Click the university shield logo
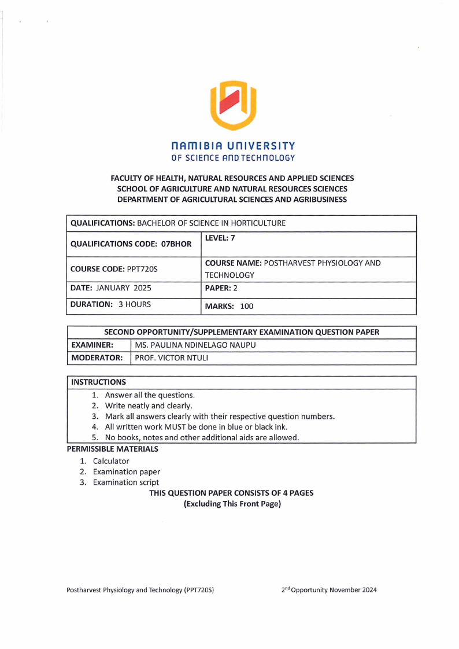point(233,105)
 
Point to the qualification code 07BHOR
point(176,244)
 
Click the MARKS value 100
point(246,306)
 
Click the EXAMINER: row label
point(91,345)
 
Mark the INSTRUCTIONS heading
point(98,382)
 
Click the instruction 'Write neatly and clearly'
point(149,405)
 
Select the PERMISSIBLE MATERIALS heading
point(112,449)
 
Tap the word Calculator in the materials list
point(111,461)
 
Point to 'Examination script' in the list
point(126,482)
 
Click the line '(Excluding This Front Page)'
point(232,504)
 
